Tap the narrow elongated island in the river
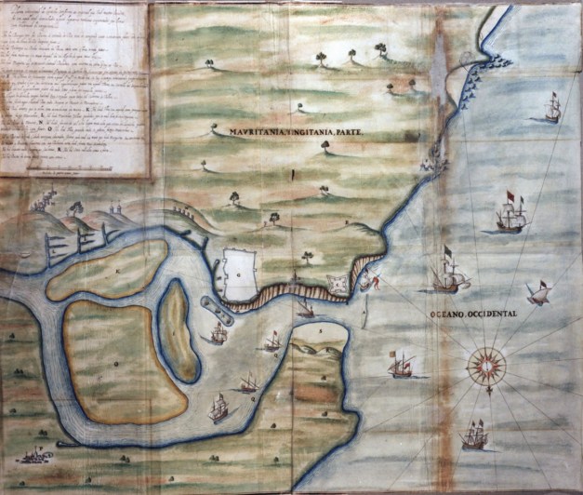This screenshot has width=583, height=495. coord(179,330)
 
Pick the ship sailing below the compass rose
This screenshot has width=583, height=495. coord(473,435)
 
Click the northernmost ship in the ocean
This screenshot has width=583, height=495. coord(551,108)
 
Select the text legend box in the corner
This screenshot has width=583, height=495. coord(74,89)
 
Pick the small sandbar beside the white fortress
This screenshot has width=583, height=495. coord(210,307)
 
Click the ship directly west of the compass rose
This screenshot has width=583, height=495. coord(401,364)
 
